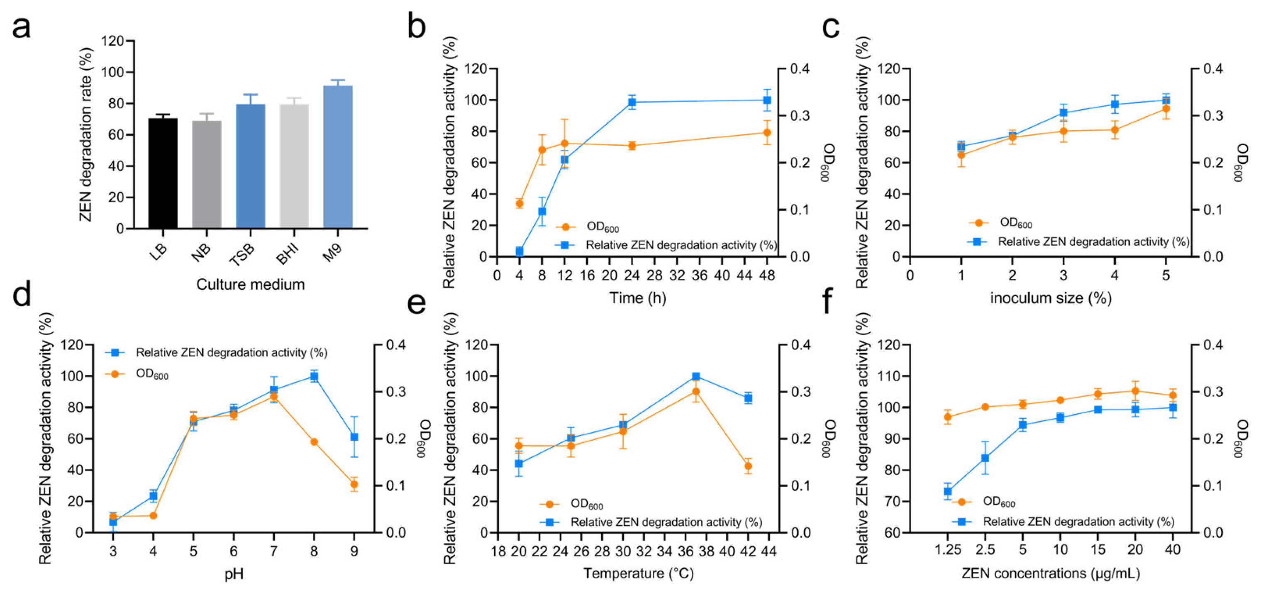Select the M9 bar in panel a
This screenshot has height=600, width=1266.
click(x=338, y=157)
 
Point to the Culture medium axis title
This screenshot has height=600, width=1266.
click(x=250, y=284)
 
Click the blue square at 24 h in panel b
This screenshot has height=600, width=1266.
click(x=632, y=102)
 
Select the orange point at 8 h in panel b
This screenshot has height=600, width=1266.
click(x=542, y=149)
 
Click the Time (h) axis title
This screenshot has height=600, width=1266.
click(x=637, y=298)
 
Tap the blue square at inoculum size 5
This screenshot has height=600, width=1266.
click(x=1165, y=100)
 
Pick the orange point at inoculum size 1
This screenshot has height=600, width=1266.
click(x=961, y=155)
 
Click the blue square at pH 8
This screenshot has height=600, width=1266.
click(x=314, y=376)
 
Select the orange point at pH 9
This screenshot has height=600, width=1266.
click(x=354, y=485)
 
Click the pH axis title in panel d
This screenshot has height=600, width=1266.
click(x=234, y=574)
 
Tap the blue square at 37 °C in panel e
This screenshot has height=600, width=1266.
click(x=696, y=376)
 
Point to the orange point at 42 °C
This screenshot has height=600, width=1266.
click(x=748, y=466)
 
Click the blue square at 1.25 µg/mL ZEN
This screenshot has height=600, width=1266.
click(x=948, y=491)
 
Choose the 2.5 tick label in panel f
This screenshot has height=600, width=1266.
click(x=985, y=550)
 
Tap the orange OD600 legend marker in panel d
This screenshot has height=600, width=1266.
click(x=115, y=374)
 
